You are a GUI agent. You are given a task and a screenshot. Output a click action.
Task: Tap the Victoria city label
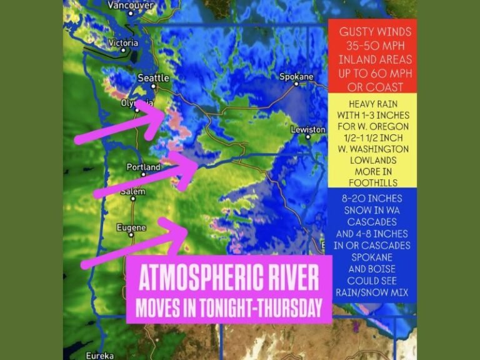122,43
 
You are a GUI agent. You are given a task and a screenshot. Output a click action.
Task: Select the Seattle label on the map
153,78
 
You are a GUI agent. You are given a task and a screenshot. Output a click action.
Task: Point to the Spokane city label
296,77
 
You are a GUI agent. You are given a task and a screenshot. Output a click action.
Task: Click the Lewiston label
307,129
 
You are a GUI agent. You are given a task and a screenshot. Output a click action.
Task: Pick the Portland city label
143,167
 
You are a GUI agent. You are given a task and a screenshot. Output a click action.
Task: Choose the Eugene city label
131,228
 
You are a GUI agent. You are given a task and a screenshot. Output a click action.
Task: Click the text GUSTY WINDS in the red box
372,31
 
